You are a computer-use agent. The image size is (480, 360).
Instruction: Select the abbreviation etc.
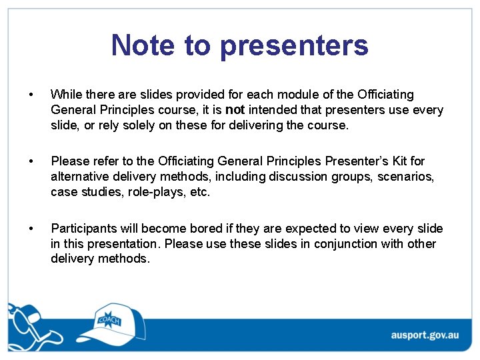200,192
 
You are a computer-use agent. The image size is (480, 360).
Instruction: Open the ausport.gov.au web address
424,335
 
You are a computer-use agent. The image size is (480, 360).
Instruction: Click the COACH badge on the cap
109,320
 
